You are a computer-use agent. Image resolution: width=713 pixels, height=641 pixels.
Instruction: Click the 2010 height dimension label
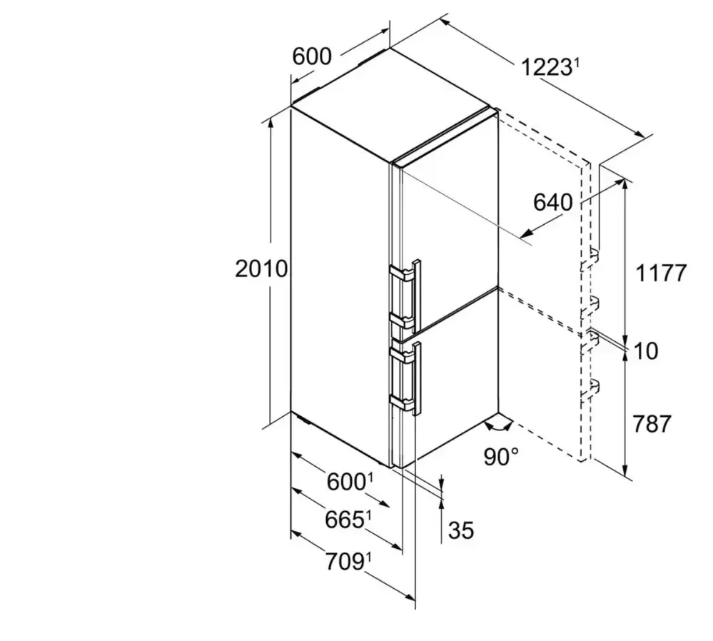click(261, 269)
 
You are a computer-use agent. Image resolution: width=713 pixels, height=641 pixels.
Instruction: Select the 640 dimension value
click(552, 202)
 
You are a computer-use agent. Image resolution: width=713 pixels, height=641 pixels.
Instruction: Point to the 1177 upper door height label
click(661, 273)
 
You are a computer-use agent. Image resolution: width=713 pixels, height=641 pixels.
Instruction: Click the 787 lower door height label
click(652, 424)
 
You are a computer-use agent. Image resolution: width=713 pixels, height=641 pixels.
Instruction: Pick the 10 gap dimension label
click(645, 351)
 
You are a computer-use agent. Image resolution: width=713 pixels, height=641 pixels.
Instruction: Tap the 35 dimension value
click(461, 530)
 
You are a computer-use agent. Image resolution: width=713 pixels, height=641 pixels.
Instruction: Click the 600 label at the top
click(312, 57)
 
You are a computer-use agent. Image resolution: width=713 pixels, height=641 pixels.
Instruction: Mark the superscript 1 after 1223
click(576, 63)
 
